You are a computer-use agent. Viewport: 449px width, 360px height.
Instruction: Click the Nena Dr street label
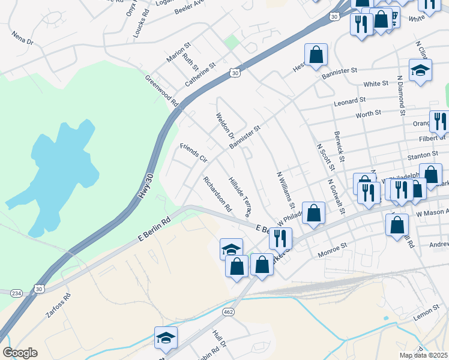click(23, 38)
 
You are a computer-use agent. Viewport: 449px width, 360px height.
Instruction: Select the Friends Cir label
click(193, 153)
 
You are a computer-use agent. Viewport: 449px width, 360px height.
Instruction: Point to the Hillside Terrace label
click(240, 196)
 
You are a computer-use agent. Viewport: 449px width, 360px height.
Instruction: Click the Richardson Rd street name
click(217, 194)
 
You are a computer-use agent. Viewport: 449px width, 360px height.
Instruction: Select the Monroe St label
click(336, 246)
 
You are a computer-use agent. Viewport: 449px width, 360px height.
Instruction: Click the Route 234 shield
click(16, 292)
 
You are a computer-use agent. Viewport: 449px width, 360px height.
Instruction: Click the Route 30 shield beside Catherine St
click(234, 73)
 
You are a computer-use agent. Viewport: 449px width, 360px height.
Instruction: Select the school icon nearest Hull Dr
click(166, 338)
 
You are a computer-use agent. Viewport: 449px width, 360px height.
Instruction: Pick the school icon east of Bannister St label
click(420, 70)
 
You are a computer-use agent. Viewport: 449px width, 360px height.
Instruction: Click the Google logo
click(20, 353)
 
